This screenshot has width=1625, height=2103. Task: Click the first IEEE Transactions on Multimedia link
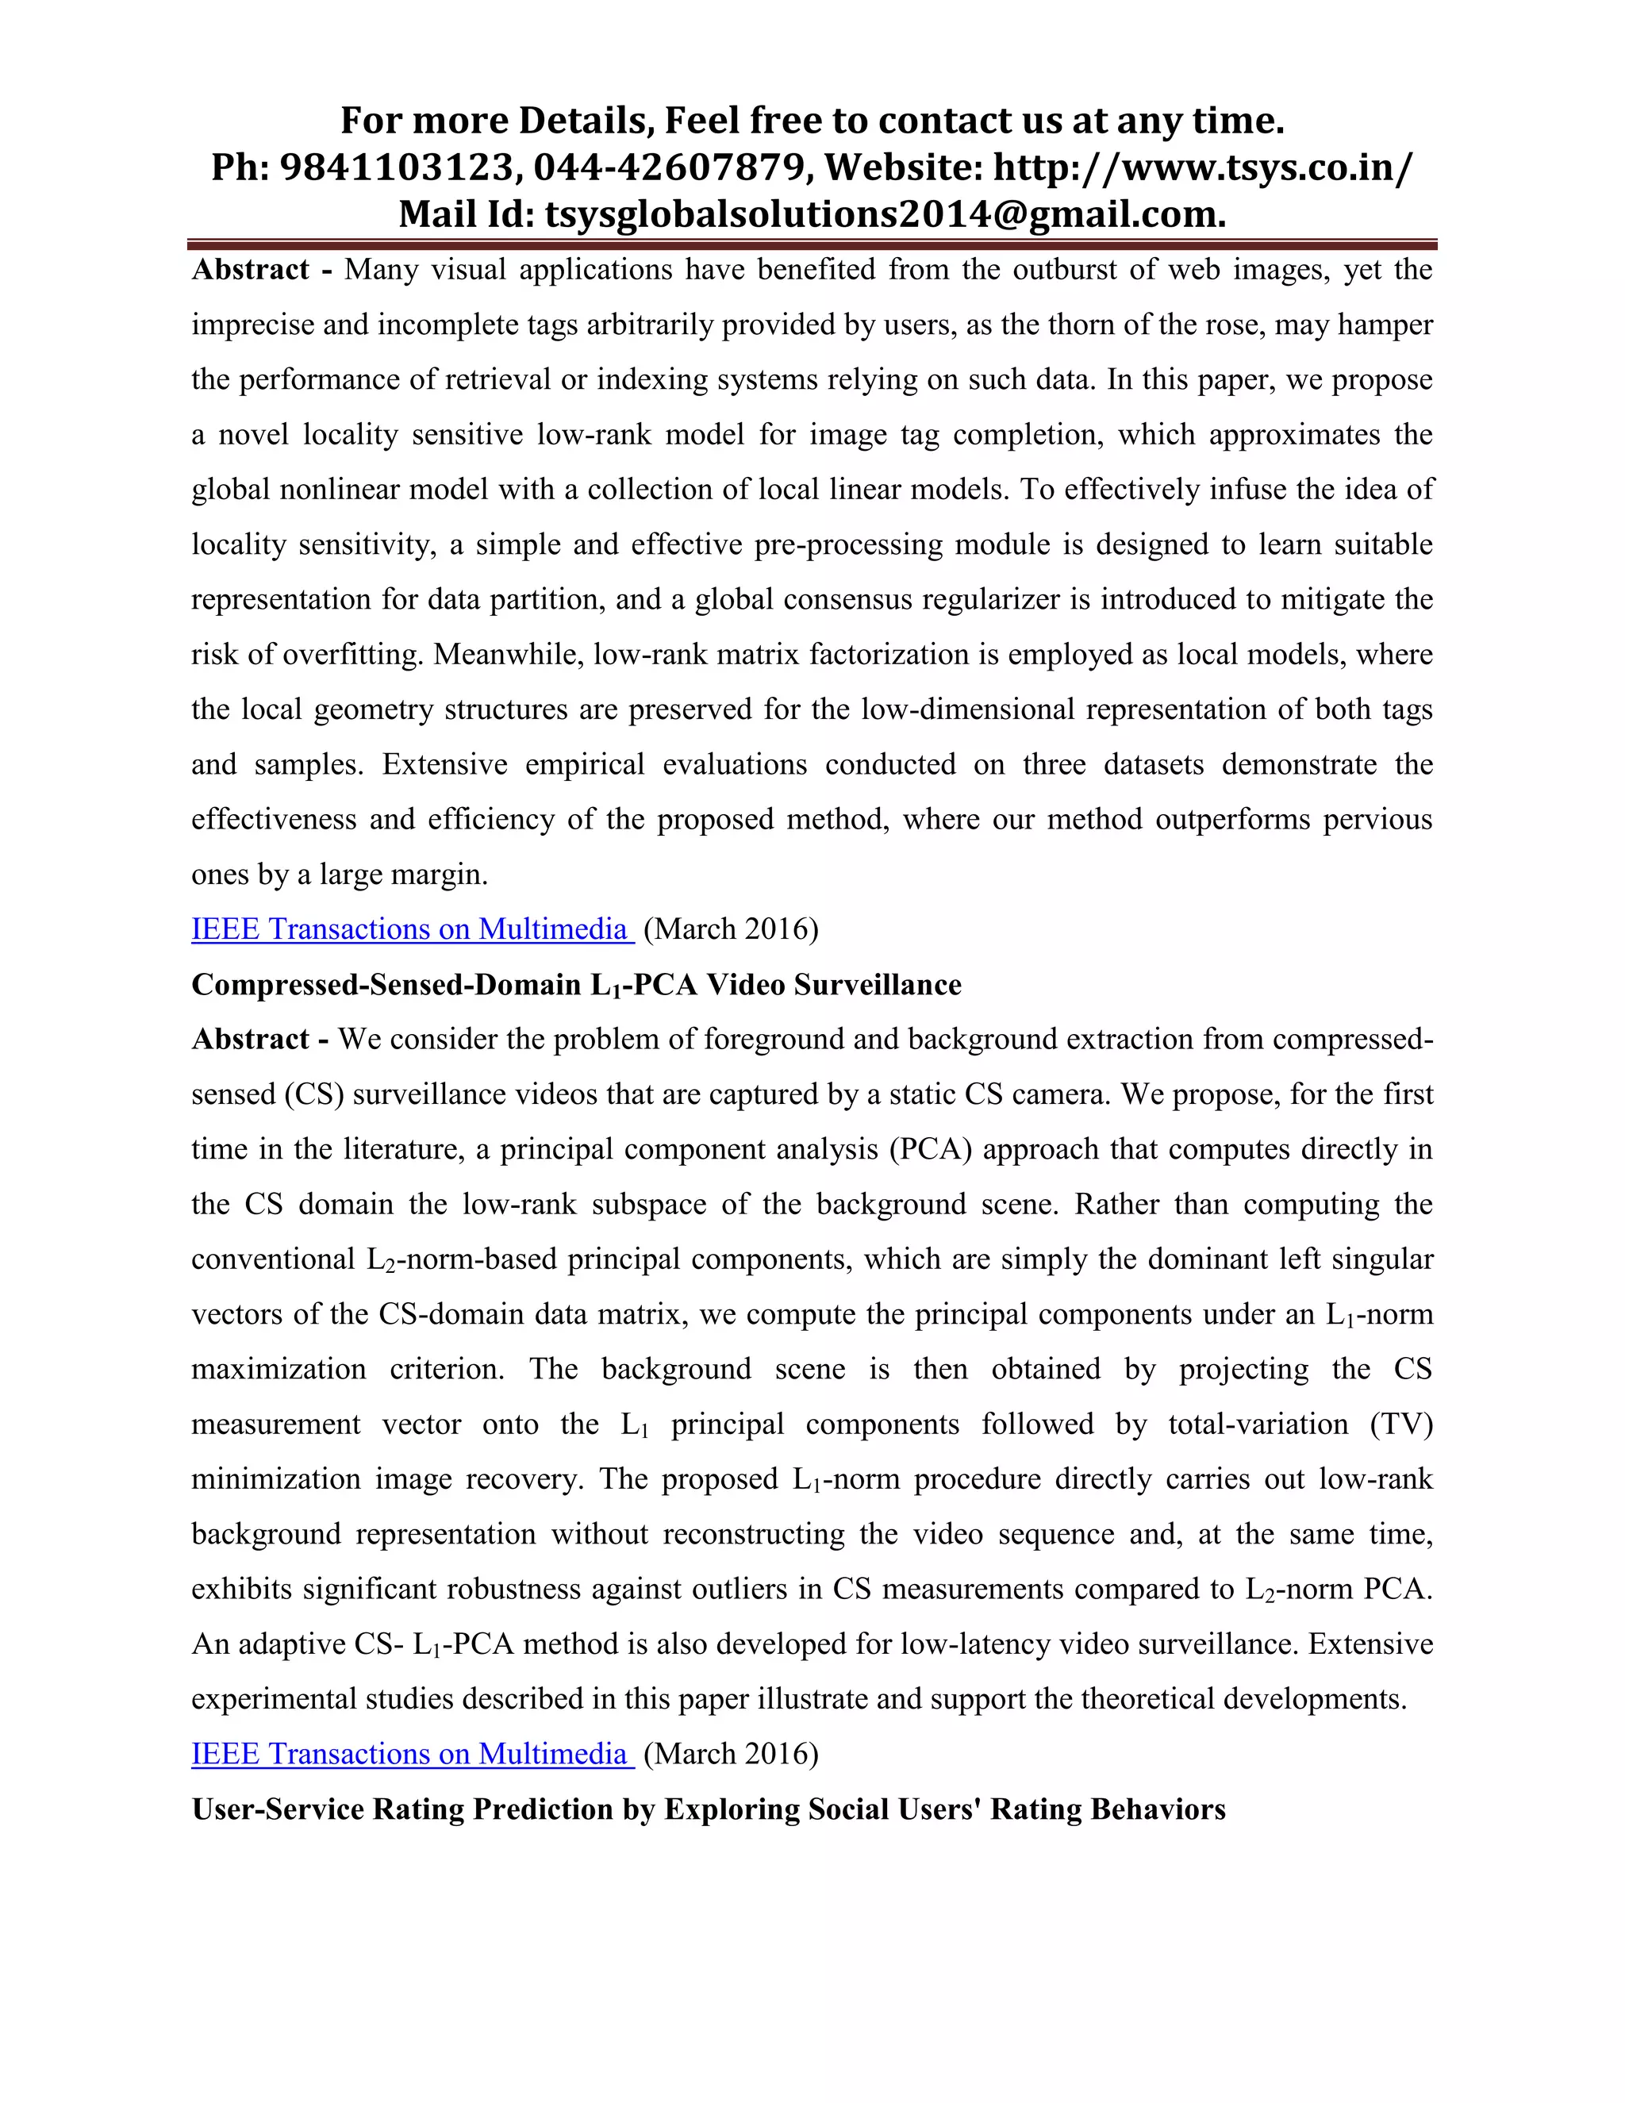coord(411,929)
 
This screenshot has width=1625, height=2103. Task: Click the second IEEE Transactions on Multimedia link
coord(411,1754)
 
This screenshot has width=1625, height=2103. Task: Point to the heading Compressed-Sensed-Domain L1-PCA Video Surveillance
coord(576,985)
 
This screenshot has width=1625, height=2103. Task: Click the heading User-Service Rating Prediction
coord(708,1809)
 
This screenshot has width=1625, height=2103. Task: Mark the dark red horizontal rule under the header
coord(812,244)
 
